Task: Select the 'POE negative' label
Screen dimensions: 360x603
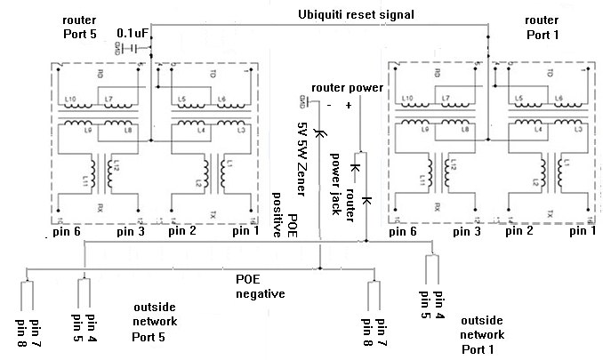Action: (260, 285)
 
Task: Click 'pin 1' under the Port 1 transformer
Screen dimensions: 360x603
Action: (582, 231)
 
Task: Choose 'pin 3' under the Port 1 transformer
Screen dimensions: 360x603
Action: (471, 231)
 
